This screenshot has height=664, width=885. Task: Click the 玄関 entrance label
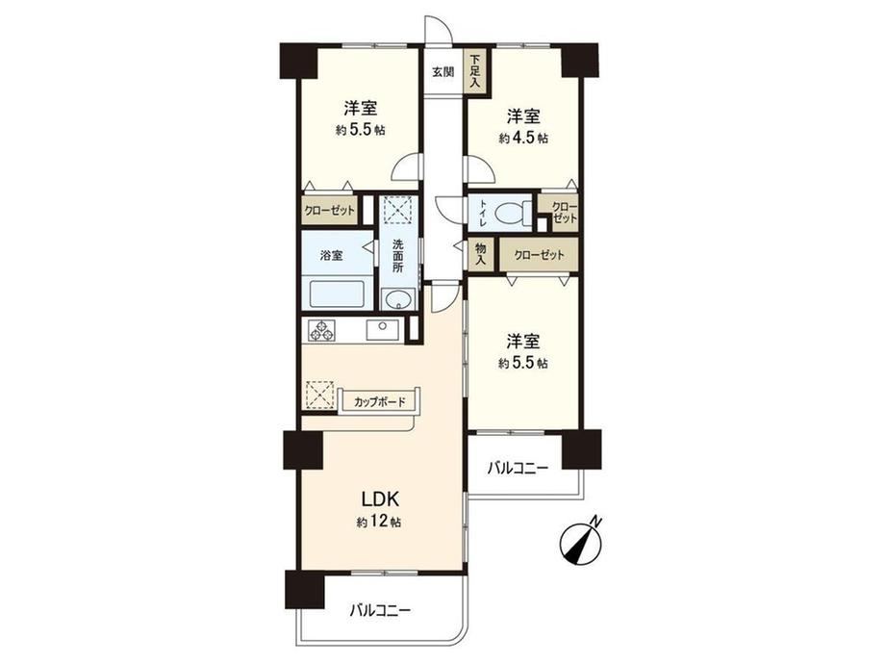[443, 72]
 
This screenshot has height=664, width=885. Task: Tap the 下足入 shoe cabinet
[475, 69]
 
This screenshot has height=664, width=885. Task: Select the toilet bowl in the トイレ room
[510, 214]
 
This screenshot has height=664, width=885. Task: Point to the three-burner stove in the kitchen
[321, 330]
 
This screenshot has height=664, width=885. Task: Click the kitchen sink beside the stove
[382, 330]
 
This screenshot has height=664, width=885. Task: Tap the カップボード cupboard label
[379, 402]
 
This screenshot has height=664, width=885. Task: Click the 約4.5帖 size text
[523, 138]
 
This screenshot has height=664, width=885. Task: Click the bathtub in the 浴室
[336, 294]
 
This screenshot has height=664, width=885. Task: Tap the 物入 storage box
[481, 254]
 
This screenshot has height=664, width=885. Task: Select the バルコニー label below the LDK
[380, 610]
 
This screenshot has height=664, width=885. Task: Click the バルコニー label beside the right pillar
[518, 468]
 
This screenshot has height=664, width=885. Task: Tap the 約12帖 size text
[379, 523]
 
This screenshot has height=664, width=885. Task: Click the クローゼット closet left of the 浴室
[330, 211]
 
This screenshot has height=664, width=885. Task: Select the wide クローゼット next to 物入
[539, 255]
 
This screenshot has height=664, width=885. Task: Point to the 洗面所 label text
[398, 256]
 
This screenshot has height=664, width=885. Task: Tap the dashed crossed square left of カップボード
[319, 395]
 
